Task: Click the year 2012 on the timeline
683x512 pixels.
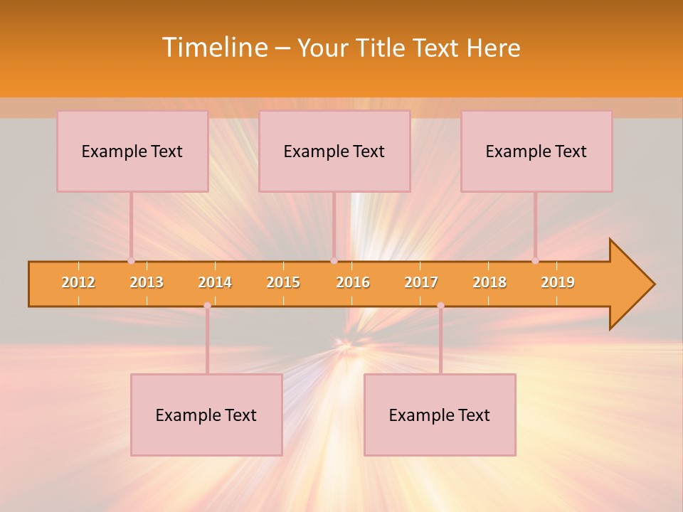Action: pos(78,282)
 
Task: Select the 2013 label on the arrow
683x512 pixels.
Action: pos(147,282)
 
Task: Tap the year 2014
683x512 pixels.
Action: pos(215,282)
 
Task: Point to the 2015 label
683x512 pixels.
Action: pos(283,282)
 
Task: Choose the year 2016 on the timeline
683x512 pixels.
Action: pos(353,282)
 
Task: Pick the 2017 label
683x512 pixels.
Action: pos(421,282)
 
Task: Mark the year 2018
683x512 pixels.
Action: pos(489,282)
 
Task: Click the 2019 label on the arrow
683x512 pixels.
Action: pos(558,282)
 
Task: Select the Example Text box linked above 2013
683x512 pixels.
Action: pos(132,151)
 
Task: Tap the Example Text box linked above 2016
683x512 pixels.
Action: pos(334,151)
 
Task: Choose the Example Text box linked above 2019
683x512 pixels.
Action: pos(536,151)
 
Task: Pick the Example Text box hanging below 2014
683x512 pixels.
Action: pos(206,415)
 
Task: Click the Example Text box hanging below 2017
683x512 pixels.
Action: pos(440,415)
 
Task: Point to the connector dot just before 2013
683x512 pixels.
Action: pos(131,261)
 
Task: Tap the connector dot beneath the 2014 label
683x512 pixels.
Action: pos(207,305)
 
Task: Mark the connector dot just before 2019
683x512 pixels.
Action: pos(535,261)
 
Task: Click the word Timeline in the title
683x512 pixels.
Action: pos(213,48)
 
